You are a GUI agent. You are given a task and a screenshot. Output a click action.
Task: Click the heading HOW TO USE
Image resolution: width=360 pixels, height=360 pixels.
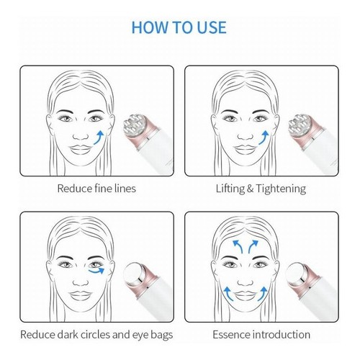[179, 27]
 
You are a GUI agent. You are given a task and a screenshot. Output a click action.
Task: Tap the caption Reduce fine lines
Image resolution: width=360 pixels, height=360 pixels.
[96, 189]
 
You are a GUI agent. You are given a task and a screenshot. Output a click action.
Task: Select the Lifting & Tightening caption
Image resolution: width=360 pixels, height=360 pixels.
[261, 189]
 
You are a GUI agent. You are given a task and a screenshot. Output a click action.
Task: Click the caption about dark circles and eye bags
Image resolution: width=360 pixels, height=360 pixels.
[96, 335]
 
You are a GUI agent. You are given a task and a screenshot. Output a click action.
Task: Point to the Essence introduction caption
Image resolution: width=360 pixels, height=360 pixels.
[261, 334]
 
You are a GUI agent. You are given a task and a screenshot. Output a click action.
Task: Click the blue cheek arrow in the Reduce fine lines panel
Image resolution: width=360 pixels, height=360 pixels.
[99, 138]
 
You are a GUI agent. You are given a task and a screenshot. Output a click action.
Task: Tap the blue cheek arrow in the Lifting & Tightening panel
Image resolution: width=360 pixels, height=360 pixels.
[264, 138]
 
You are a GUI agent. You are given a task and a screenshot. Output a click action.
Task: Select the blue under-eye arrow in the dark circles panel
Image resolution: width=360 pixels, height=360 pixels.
[96, 271]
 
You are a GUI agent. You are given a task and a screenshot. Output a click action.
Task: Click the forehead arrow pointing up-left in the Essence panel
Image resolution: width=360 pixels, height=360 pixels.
[238, 246]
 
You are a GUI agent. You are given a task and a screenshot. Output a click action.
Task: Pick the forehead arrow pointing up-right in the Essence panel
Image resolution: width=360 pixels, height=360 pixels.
[253, 246]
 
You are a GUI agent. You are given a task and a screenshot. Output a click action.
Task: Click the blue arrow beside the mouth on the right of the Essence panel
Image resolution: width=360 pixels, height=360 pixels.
[263, 294]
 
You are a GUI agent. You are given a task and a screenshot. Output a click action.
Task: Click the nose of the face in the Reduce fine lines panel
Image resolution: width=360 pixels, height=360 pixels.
[81, 136]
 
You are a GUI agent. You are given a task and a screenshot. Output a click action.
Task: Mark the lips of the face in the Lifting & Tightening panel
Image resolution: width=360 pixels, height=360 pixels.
[246, 150]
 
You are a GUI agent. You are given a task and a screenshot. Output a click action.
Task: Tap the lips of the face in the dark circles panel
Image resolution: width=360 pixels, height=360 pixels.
[81, 296]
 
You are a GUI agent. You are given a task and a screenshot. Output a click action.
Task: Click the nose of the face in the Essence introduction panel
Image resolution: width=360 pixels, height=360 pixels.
[246, 282]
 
